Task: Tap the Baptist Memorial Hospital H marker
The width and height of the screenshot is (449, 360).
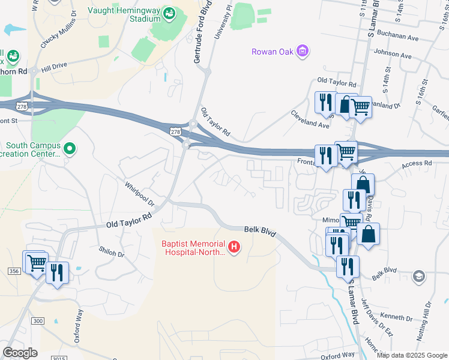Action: point(235,246)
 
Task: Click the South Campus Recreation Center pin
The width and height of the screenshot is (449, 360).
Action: point(70,148)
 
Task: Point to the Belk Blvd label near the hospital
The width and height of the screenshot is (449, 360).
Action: point(259,230)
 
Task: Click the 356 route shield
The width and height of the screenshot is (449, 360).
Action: point(15,271)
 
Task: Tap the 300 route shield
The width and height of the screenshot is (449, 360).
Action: point(38,321)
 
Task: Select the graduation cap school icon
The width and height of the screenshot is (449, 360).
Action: point(419,277)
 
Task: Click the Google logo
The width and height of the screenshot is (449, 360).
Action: point(20,353)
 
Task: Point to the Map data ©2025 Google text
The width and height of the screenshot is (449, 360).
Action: point(412,355)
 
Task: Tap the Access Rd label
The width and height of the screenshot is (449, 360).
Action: point(417,163)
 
